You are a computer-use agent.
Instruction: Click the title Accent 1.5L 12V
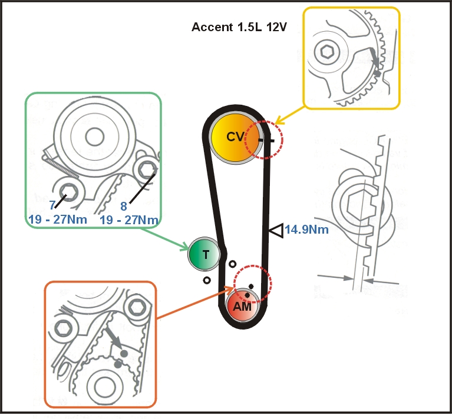239,27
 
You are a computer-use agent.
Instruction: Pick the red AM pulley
242,305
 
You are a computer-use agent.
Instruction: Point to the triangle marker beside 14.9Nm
276,231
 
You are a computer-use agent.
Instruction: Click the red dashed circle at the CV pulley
264,140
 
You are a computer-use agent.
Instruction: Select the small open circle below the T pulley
206,280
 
